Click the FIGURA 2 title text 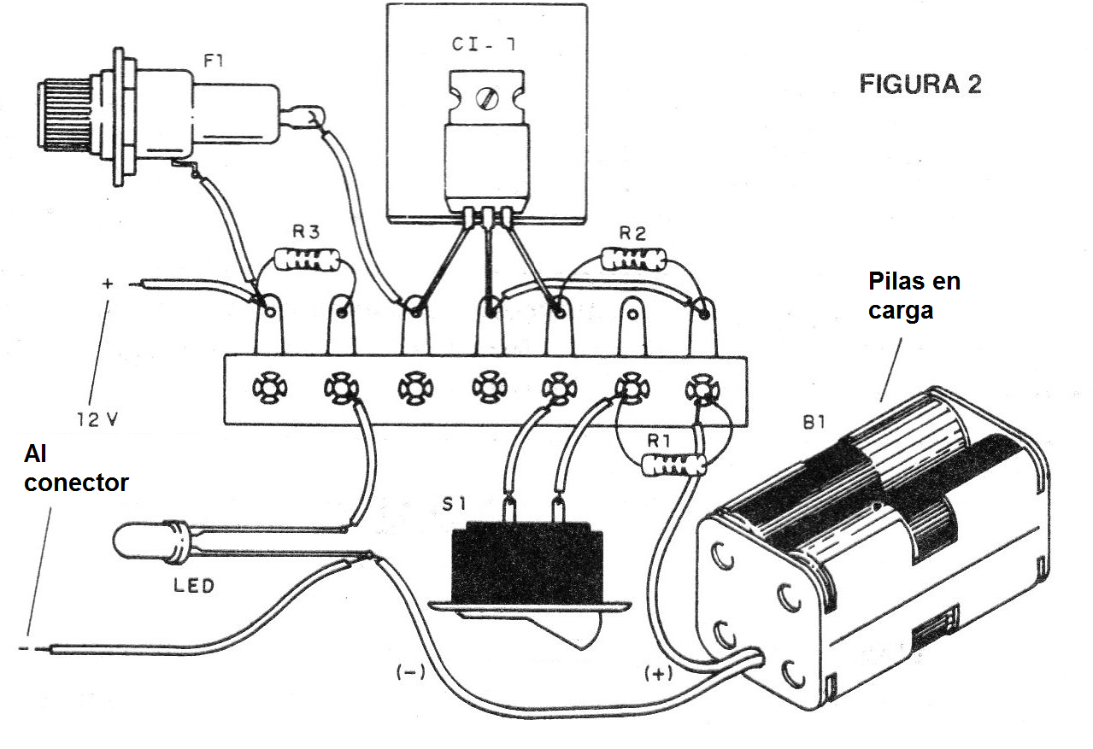click(x=920, y=85)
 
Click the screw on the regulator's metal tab click(x=488, y=99)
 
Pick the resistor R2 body click(x=632, y=258)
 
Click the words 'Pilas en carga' click(x=914, y=296)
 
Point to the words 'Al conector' click(x=75, y=470)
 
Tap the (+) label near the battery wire click(x=658, y=674)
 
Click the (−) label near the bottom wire click(x=410, y=671)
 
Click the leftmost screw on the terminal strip click(x=264, y=389)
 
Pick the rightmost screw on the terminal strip click(x=702, y=389)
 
